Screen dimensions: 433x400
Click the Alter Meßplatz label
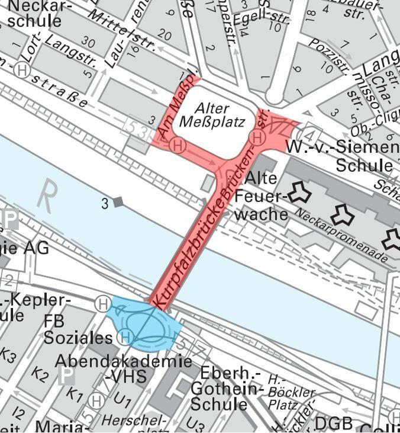pos(211,116)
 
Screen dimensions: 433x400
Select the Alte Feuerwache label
pos(261,196)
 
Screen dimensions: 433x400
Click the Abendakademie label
pos(124,361)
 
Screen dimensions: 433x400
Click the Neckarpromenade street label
pos(342,235)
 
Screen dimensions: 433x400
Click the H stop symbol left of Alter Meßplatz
pos(176,145)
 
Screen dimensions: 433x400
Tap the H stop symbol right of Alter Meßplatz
pos(257,137)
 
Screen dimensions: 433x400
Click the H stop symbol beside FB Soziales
pos(124,338)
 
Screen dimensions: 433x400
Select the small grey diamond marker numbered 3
pos(118,203)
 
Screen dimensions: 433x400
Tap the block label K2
pos(40,374)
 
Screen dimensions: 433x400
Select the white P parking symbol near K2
pos(66,375)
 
